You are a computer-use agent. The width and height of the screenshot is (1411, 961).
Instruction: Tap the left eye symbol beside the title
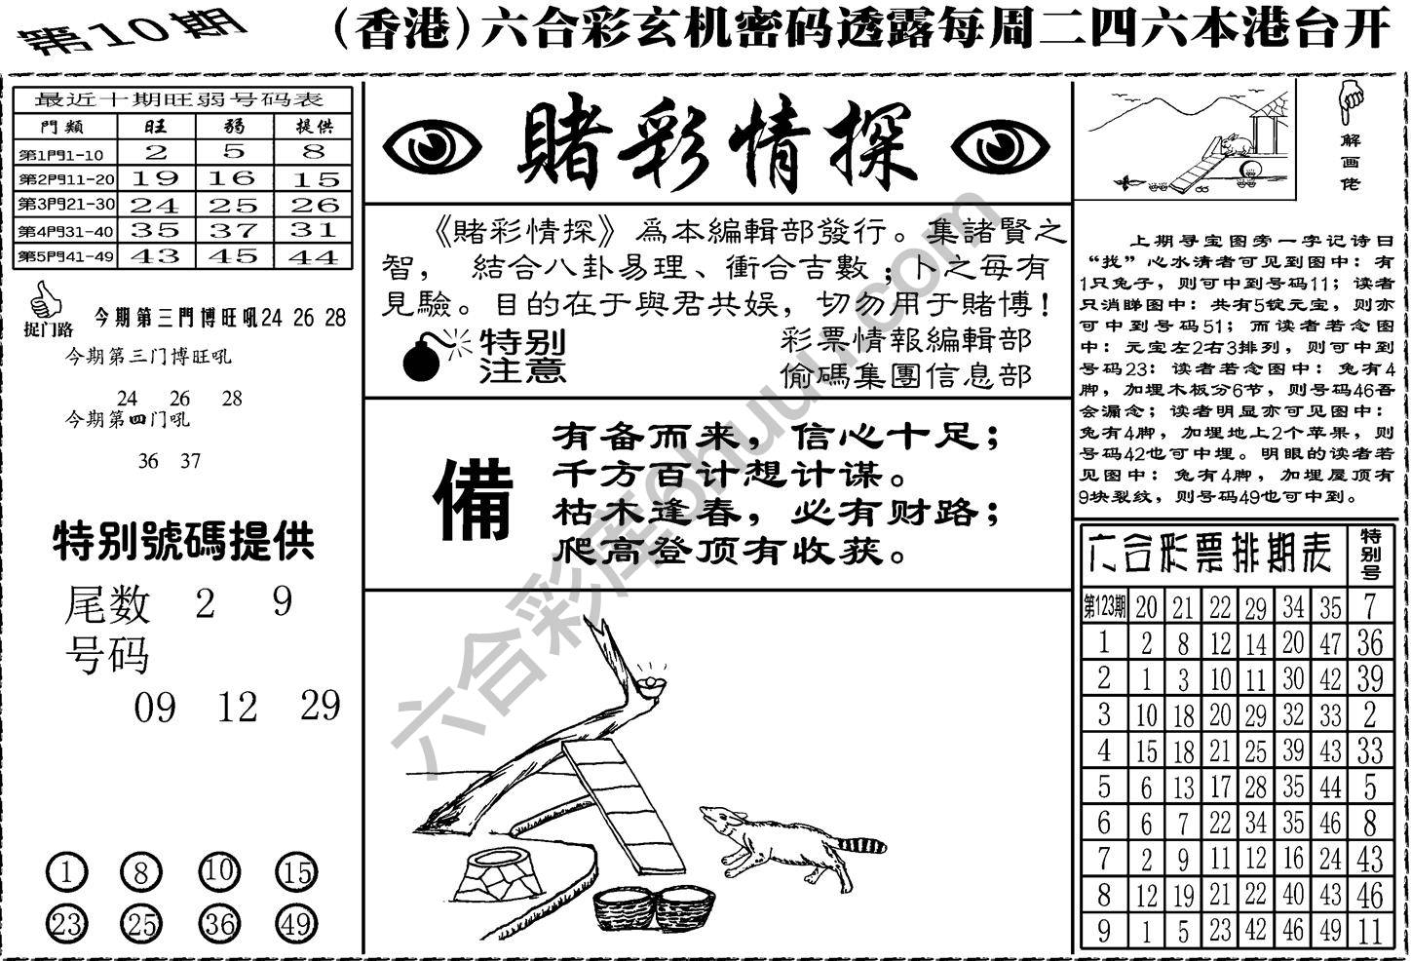coord(431,147)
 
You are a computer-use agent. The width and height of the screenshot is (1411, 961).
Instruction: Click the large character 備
coord(475,500)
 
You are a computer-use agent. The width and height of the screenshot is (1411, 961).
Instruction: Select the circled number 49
coord(294,921)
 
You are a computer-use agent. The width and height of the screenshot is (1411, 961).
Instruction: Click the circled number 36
coord(219,921)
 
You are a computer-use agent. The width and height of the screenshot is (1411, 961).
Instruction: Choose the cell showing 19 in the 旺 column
coord(155,178)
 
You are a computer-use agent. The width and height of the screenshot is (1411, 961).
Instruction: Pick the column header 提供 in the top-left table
coord(314,127)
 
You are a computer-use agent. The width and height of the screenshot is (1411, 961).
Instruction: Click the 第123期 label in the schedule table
coord(1104,607)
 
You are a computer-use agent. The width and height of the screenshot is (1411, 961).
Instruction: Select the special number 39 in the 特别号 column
coord(1369,678)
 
